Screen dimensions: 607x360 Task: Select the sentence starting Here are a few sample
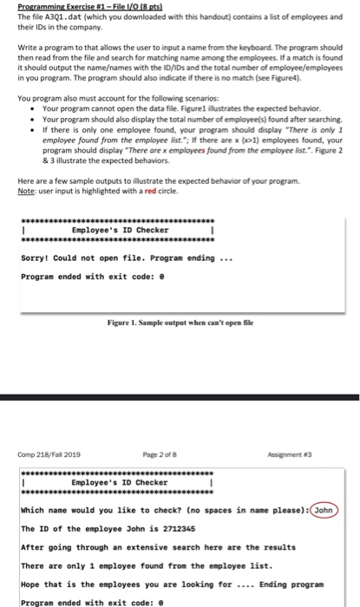[x=157, y=181]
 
